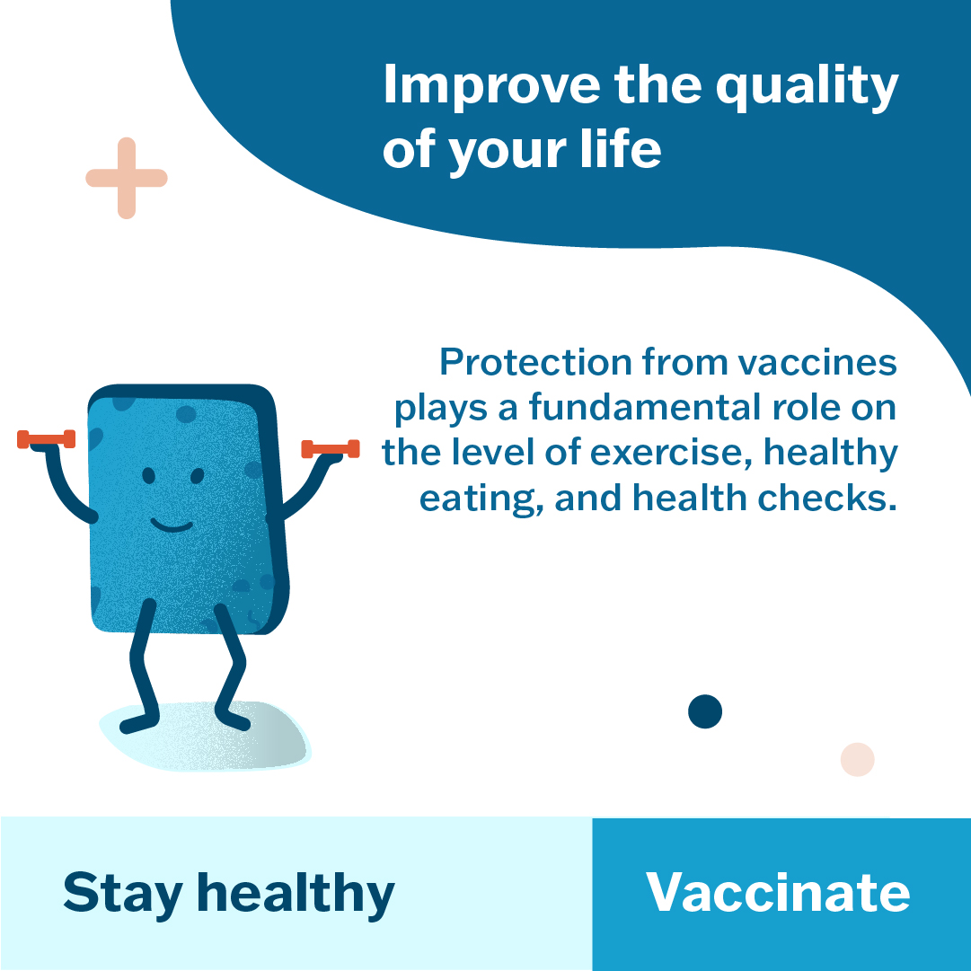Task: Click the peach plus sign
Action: tap(127, 179)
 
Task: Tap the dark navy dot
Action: tap(705, 711)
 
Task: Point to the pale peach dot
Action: tap(857, 759)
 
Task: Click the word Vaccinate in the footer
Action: tap(778, 892)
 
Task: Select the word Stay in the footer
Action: tap(123, 895)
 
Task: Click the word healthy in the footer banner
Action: tap(296, 895)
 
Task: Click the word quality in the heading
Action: tap(807, 87)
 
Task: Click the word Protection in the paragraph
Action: tap(535, 362)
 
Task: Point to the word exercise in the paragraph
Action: tap(670, 453)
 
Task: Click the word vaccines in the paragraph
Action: tap(817, 363)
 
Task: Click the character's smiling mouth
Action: tap(172, 526)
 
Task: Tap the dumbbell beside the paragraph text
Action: tap(330, 449)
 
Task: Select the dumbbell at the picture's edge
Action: tap(47, 439)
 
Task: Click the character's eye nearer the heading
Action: tap(197, 475)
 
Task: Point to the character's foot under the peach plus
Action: tap(138, 724)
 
